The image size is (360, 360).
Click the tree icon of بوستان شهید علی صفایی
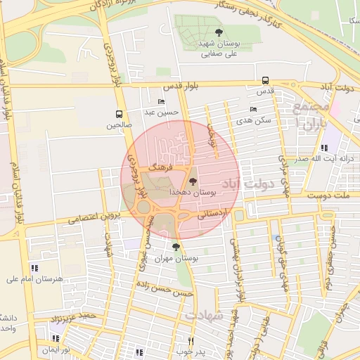coord(219,32)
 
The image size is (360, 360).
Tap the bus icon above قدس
coord(265,80)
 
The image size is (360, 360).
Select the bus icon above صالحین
coord(119,114)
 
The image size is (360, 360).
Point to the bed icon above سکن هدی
coord(254,109)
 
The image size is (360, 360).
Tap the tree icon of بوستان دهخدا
coord(193,181)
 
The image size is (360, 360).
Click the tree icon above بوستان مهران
coord(176,247)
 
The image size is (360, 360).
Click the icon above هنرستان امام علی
coord(34,267)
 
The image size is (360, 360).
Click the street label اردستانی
coord(212,217)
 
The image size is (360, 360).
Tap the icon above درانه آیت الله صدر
coord(324,148)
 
